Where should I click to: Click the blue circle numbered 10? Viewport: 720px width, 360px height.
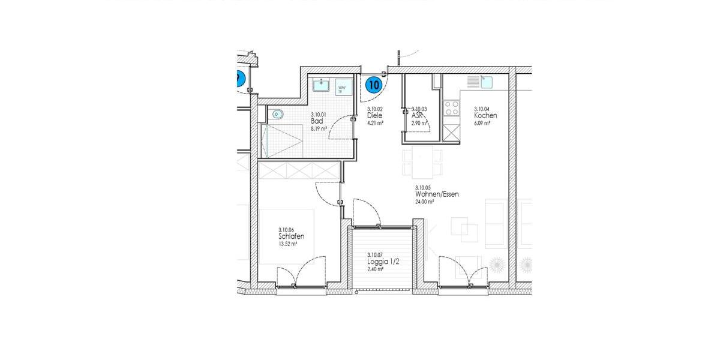pos(374,85)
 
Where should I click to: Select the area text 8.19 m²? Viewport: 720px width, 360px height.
pos(319,128)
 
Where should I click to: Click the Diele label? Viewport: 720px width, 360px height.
pos(374,116)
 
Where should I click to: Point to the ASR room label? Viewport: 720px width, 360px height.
pos(418,116)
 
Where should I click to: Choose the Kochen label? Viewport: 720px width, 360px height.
pos(485,116)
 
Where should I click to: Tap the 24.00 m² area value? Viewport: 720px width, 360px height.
pos(424,202)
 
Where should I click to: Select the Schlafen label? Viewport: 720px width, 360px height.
pos(291,236)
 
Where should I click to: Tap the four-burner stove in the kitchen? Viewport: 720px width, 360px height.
pos(450,109)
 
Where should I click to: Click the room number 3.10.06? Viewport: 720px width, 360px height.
pos(286,229)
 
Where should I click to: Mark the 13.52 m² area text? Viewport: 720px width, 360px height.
pos(287,244)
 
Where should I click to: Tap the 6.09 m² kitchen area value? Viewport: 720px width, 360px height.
pos(482,123)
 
